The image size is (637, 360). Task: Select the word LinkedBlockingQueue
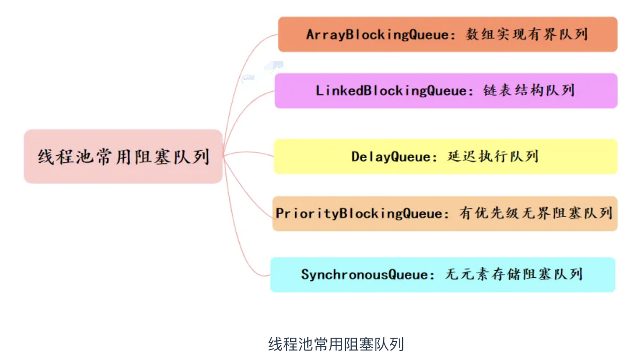coord(391,91)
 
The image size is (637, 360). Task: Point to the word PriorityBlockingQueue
coord(359,213)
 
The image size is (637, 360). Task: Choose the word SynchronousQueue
coord(364,275)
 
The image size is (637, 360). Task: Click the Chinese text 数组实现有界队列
coord(527,35)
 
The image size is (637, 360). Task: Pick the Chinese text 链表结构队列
coord(529,91)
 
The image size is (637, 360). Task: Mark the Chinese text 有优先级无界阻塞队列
coord(536,213)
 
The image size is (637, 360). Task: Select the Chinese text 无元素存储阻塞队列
coord(514,275)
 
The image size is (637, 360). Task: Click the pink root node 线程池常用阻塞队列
coord(123,156)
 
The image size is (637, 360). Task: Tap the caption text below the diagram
coord(336,344)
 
